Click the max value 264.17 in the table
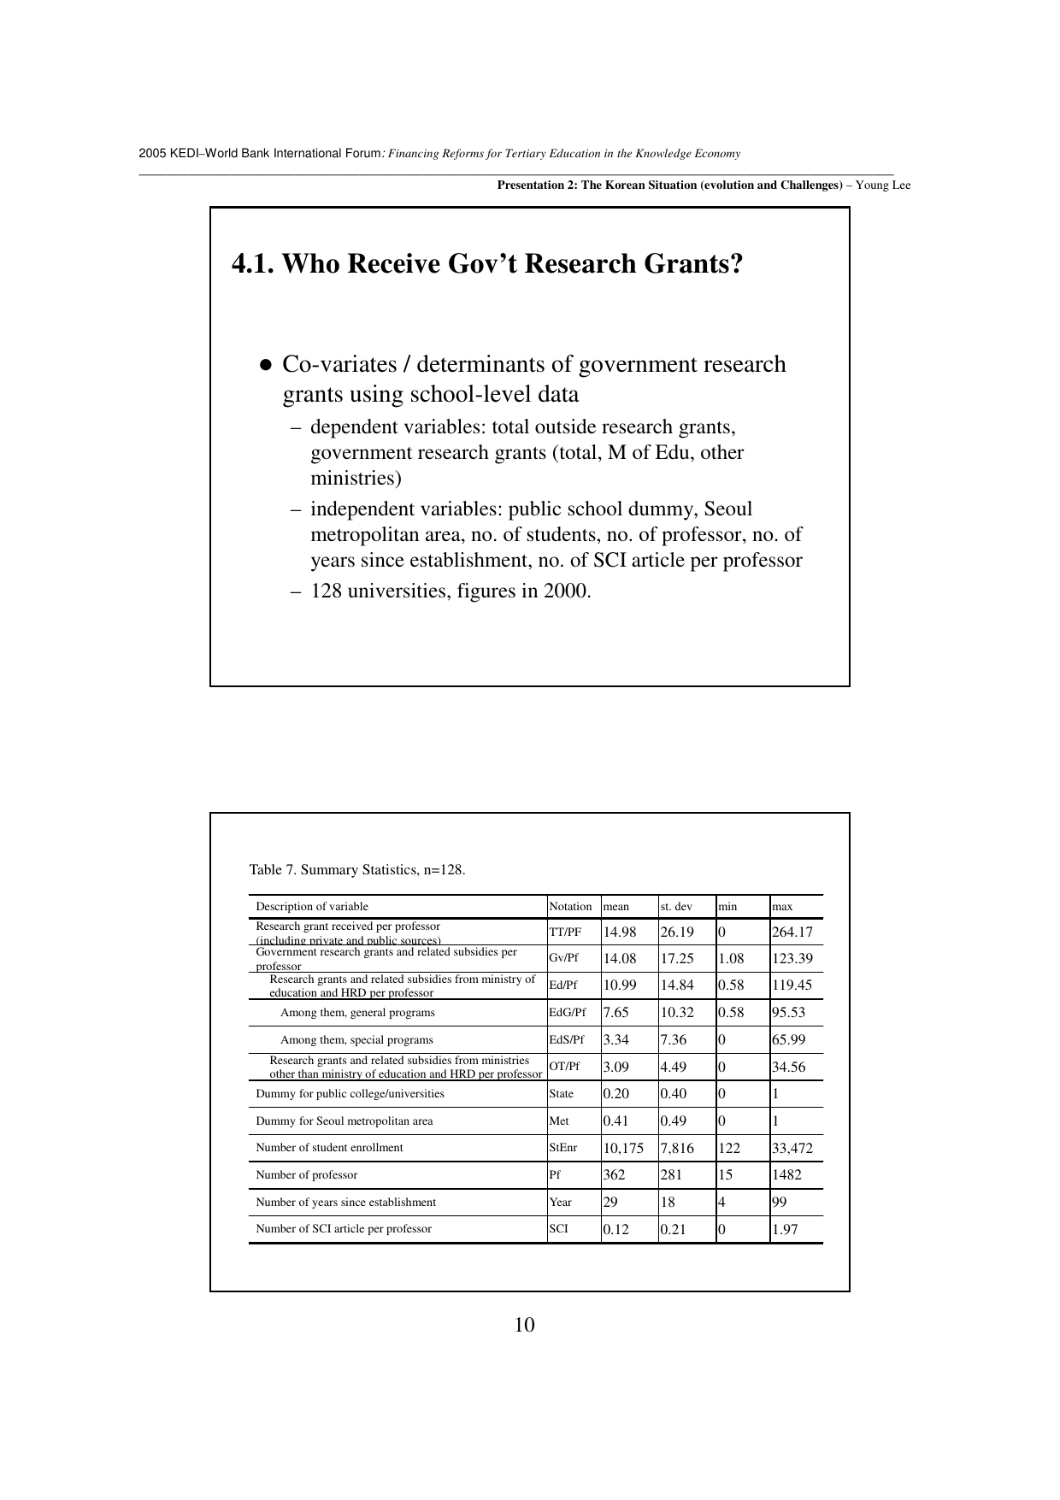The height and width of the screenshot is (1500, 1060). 792,932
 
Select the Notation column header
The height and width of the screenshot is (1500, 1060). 570,907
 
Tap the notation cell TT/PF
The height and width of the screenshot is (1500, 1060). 565,932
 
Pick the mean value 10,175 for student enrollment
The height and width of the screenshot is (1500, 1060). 623,1148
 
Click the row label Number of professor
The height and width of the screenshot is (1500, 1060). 307,1175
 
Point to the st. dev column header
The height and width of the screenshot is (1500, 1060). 676,907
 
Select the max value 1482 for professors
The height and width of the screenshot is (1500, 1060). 786,1175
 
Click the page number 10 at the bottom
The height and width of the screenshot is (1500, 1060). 525,1325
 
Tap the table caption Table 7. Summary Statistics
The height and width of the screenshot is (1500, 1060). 357,870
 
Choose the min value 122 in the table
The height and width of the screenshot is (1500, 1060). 729,1148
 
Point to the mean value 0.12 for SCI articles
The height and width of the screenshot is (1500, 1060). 615,1229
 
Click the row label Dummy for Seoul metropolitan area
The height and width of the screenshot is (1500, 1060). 344,1121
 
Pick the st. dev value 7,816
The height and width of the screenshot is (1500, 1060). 677,1148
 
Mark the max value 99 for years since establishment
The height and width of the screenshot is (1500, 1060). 780,1203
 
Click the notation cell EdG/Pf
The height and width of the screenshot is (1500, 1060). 568,1013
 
